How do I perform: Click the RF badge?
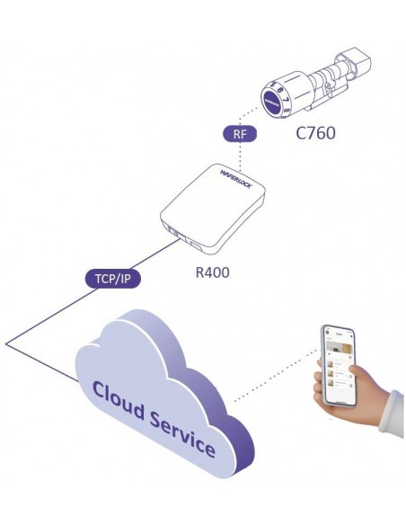tap(239, 135)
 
